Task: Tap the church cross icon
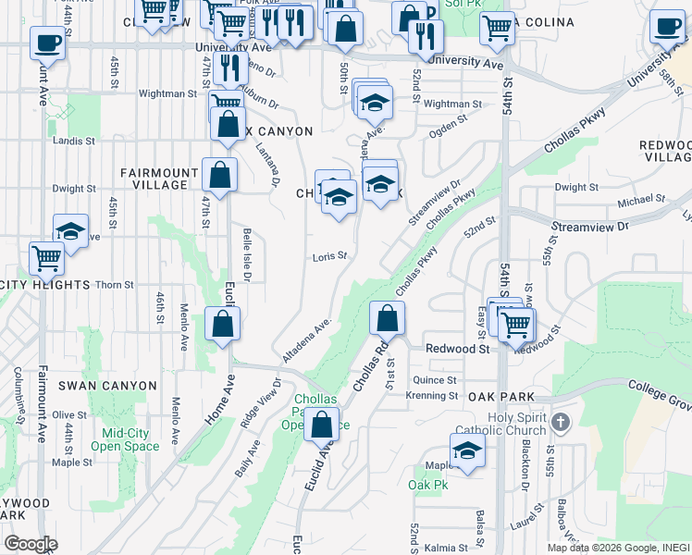[x=558, y=424]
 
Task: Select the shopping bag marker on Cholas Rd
[x=387, y=319]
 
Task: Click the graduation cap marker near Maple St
[x=468, y=451]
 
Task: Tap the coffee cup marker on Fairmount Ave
[x=47, y=43]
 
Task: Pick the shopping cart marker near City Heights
[x=46, y=259]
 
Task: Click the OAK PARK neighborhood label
[x=501, y=397]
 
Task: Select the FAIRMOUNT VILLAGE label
[x=159, y=179]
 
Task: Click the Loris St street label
[x=328, y=256]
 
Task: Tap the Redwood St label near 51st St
[x=456, y=349]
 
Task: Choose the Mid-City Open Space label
[x=125, y=438]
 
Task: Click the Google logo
[x=31, y=544]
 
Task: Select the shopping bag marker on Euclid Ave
[x=223, y=325]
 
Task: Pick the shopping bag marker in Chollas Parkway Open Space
[x=321, y=426]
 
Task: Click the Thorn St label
[x=116, y=285]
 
